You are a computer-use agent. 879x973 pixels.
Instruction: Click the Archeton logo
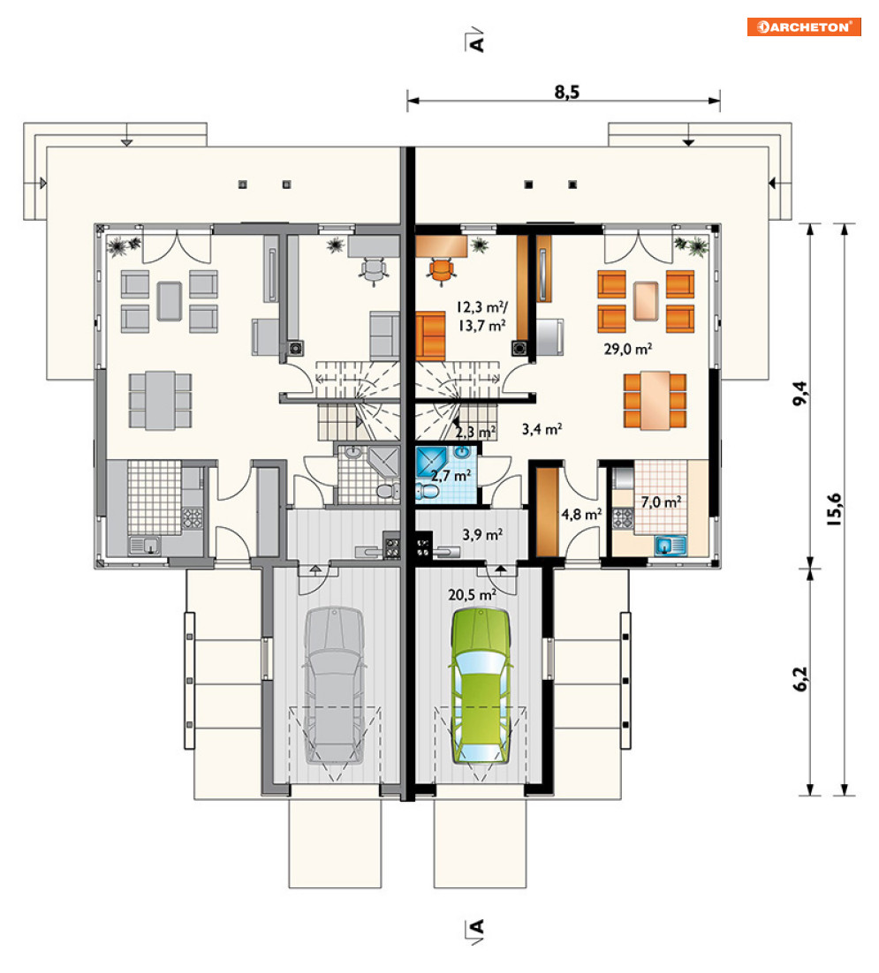803,26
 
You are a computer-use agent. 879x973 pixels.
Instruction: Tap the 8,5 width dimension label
567,93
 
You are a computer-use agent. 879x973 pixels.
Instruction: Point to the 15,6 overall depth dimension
834,509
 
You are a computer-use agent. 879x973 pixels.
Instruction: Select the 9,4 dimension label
800,394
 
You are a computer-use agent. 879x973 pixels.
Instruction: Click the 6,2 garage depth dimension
800,678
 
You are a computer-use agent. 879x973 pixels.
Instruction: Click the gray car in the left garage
334,686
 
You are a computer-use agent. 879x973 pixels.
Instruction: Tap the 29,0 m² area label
627,349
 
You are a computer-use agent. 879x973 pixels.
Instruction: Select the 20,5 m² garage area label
473,594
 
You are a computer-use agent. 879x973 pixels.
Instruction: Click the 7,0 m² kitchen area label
661,502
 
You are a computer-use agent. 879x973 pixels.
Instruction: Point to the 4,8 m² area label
581,514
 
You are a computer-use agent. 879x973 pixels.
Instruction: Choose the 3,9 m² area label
482,534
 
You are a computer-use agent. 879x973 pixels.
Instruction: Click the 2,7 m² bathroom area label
451,476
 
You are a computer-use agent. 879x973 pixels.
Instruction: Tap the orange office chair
442,270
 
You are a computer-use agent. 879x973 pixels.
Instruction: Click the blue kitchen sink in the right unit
671,546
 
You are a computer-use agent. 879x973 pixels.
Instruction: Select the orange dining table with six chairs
655,401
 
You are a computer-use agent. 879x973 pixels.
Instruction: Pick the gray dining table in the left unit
160,401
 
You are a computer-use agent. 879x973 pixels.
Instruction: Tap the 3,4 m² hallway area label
542,429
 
